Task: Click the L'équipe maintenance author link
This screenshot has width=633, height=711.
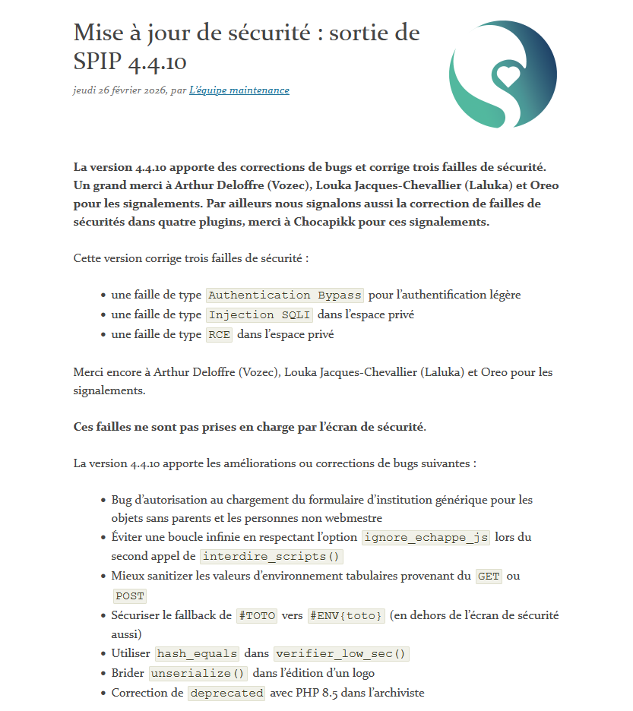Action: coord(239,90)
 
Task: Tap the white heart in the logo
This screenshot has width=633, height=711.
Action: coord(508,75)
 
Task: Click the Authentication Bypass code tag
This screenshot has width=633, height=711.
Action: coord(285,295)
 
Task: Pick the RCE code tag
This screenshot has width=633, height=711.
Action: coord(219,334)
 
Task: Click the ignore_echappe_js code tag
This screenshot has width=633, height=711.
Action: coord(426,537)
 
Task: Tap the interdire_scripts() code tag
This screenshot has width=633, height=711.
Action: coord(271,556)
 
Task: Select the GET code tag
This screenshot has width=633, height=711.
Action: coord(489,576)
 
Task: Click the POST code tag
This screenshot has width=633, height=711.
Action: coord(129,596)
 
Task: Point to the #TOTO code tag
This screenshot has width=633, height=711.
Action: coord(257,615)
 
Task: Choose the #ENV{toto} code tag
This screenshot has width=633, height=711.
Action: coord(347,615)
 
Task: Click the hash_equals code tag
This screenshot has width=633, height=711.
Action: coord(197,653)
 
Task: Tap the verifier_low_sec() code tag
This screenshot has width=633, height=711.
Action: coord(341,653)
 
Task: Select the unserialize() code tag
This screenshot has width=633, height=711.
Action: coord(198,673)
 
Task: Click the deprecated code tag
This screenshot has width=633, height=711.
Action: coord(226,693)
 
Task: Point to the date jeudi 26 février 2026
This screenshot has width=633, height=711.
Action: coord(120,90)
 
